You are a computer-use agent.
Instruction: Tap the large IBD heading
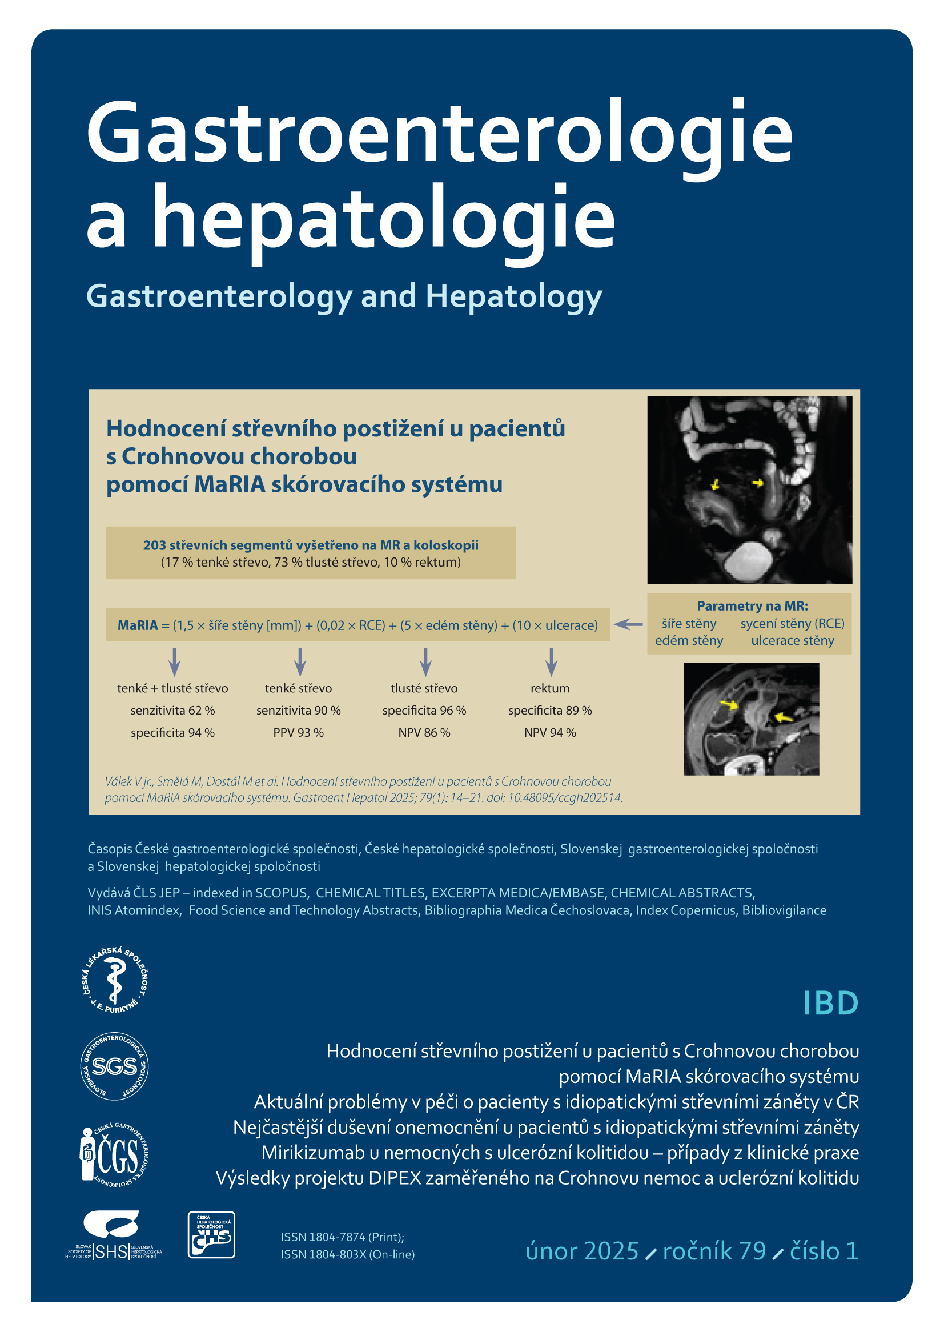coord(830,1002)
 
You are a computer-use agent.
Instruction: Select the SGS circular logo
coord(115,1066)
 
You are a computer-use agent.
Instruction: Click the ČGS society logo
coord(114,1154)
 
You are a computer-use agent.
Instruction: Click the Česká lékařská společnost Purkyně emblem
coord(115,980)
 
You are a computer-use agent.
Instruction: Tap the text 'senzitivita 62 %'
coord(172,711)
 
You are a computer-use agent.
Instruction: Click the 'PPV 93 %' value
coord(298,733)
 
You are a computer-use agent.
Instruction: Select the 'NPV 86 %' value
coord(424,733)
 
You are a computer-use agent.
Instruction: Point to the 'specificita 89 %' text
coord(549,711)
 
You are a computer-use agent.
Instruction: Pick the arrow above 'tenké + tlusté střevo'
coord(174,661)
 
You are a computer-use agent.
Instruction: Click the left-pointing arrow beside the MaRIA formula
coord(628,624)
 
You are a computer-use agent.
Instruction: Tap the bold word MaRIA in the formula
coord(138,625)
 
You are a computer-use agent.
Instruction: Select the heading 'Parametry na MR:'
coord(752,605)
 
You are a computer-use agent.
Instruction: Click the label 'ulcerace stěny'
coord(792,641)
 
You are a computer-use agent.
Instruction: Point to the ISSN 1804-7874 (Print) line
coord(342,1237)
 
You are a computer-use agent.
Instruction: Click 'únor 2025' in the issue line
coord(581,1251)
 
